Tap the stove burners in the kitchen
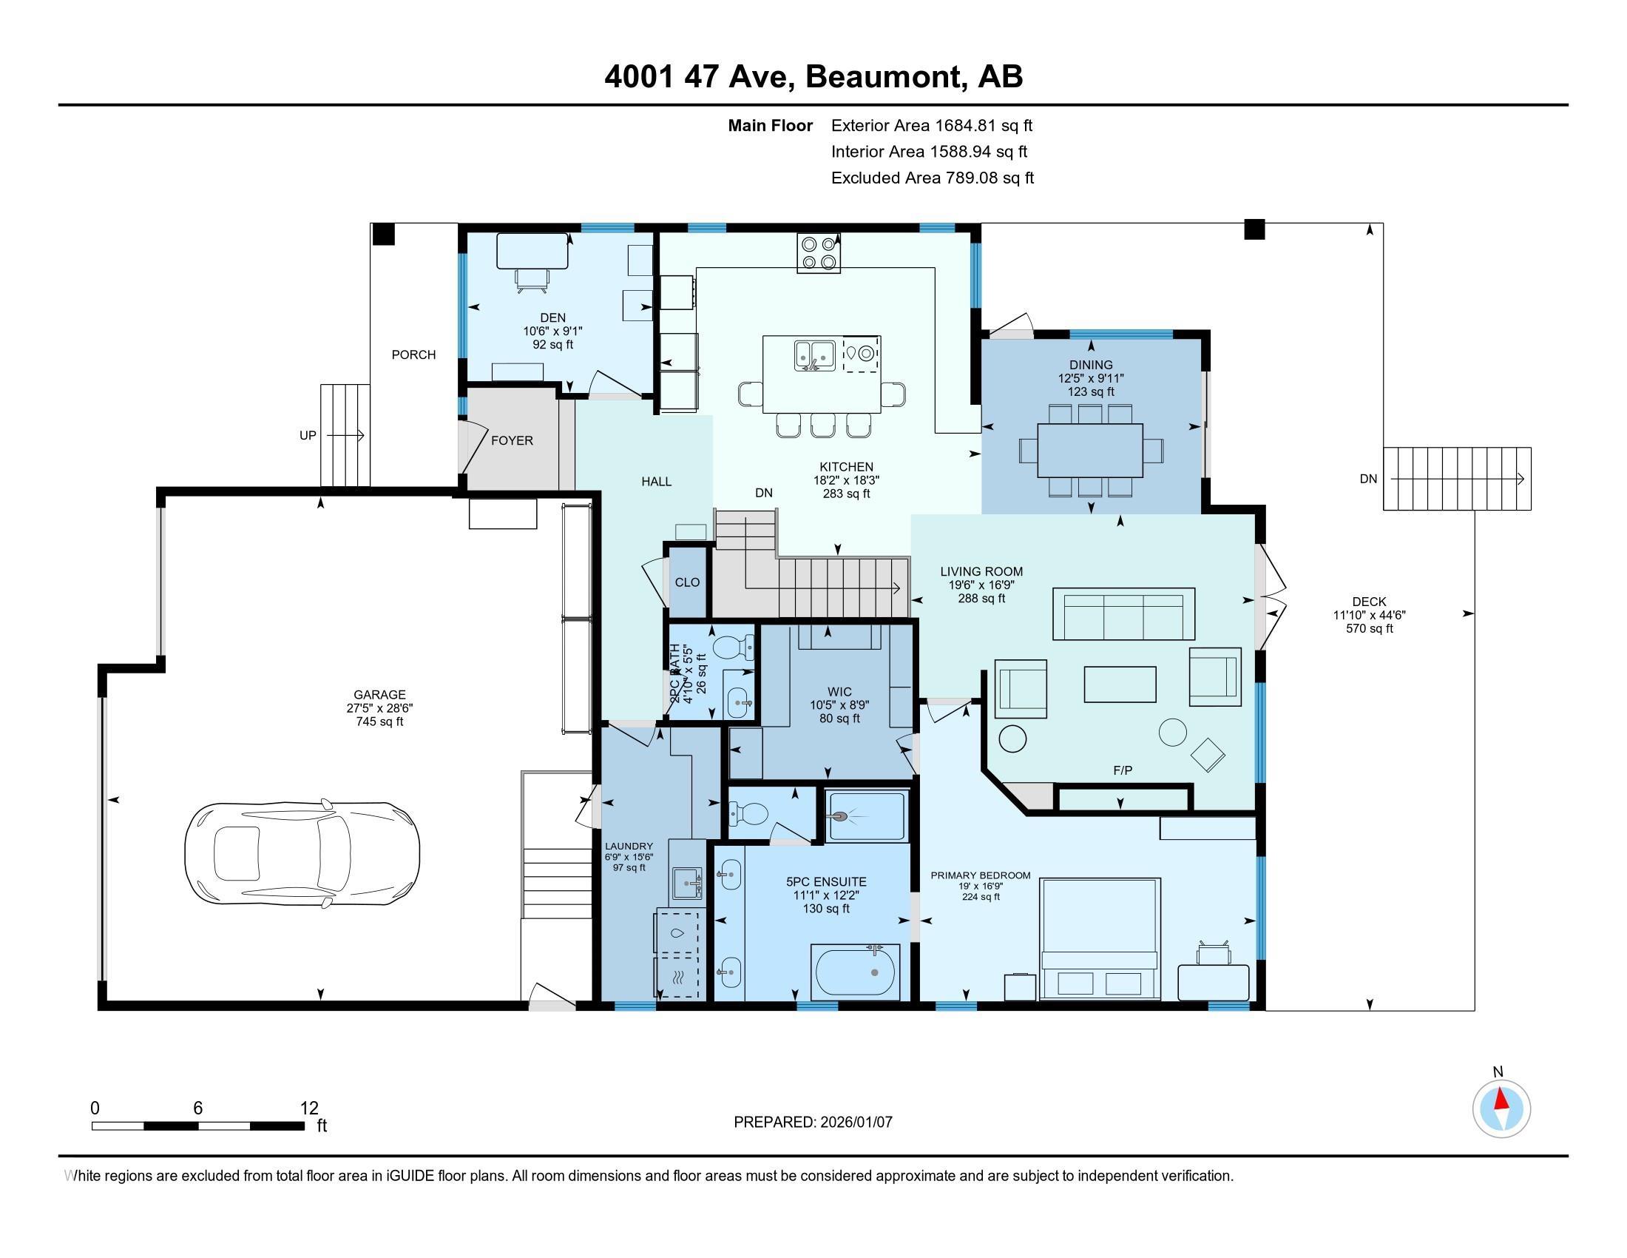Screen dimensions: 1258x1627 [x=819, y=252]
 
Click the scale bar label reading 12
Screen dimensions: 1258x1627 [x=308, y=1109]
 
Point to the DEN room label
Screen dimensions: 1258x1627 [x=552, y=318]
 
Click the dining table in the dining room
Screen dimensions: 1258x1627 [x=1091, y=450]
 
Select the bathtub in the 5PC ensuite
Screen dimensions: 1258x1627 [x=856, y=972]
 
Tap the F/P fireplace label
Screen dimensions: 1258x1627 [x=1123, y=770]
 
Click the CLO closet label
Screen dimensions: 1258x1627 [x=687, y=582]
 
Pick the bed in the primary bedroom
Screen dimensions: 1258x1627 [x=1100, y=938]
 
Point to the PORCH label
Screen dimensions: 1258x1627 [x=413, y=354]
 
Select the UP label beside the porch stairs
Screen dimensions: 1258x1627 [x=308, y=435]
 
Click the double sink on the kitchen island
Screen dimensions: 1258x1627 [x=813, y=354]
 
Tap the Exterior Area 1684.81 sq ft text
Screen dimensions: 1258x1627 [x=931, y=126]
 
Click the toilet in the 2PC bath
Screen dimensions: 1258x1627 [x=732, y=647]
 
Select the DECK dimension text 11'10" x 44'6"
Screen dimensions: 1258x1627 [x=1368, y=616]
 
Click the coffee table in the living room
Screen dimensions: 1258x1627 [x=1120, y=684]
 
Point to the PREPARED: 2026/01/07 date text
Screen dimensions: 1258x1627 [x=813, y=1122]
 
